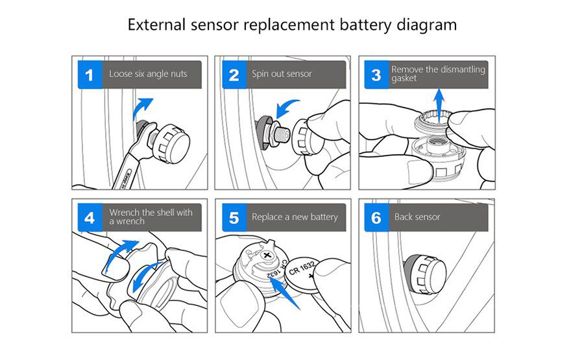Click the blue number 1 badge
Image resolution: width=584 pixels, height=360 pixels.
point(90,75)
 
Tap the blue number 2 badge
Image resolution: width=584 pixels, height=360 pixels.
point(234,75)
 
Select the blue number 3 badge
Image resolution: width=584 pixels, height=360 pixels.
point(376,75)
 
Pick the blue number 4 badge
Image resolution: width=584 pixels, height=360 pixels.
point(90,217)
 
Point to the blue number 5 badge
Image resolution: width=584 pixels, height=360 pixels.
point(234,217)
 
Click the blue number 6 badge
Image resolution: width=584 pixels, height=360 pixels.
point(376,217)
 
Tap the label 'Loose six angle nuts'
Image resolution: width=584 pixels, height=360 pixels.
point(148,74)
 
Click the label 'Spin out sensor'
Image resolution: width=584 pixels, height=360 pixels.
point(282,74)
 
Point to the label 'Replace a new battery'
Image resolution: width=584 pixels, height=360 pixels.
point(295,217)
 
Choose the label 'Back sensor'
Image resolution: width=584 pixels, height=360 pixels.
point(417,217)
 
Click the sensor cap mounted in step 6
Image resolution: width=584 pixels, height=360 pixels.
point(426,272)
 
